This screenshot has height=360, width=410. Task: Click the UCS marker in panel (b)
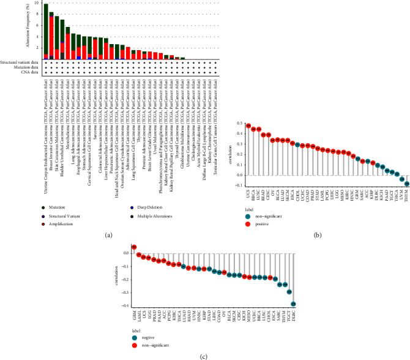(x=248, y=126)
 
